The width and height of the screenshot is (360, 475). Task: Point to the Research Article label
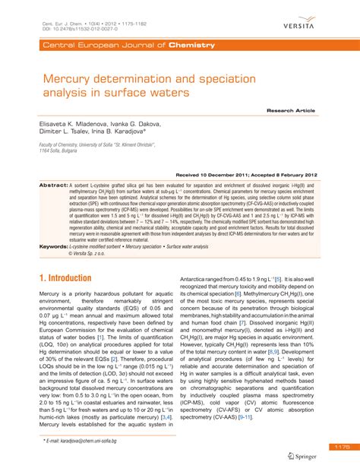point(291,110)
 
